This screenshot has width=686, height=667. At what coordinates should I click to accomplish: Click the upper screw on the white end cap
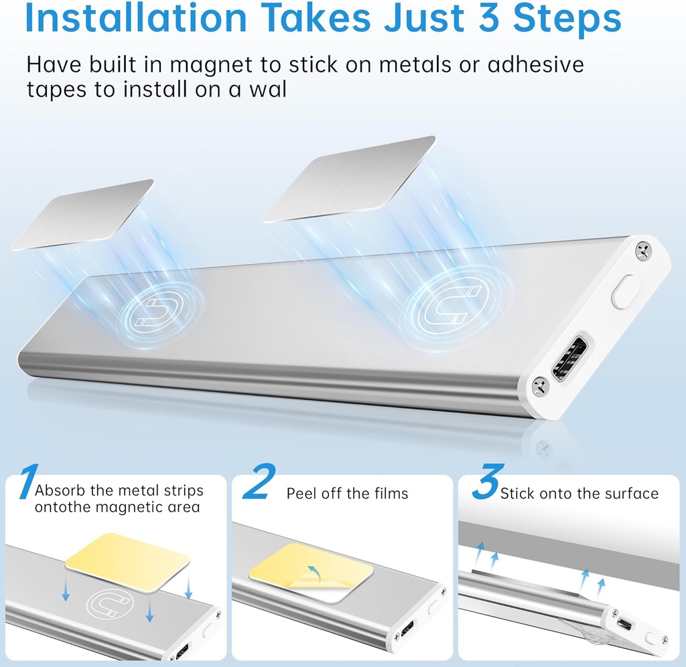[642, 251]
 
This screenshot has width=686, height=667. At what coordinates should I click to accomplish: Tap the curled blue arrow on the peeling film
[313, 571]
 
